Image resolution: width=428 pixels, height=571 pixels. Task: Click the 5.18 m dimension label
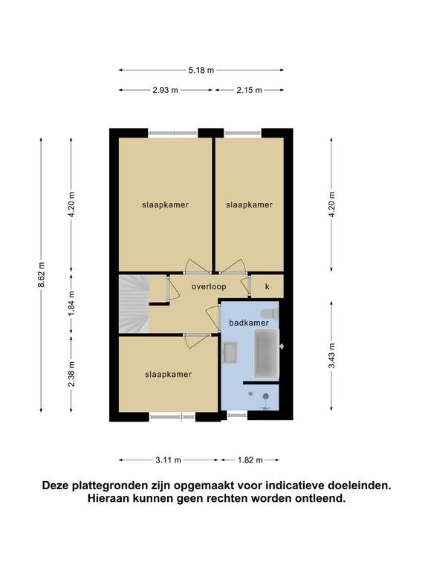[x=201, y=71]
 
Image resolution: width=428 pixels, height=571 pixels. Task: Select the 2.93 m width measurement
[x=165, y=90]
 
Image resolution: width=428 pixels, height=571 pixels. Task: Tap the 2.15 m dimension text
[x=250, y=90]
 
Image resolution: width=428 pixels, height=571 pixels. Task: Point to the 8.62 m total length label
[x=42, y=274]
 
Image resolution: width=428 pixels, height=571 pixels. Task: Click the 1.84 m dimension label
[x=71, y=303]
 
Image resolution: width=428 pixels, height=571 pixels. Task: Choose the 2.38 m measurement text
[x=71, y=374]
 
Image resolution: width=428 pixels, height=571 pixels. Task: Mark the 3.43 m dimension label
[x=331, y=356]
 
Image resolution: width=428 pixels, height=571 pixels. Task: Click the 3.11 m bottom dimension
[x=168, y=460]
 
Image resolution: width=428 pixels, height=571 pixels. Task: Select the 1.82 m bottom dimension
[x=250, y=460]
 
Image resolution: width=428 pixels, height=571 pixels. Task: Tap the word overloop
[x=209, y=287]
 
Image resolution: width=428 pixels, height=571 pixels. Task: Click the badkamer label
[x=249, y=323]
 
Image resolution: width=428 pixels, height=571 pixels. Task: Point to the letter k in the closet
[x=267, y=286]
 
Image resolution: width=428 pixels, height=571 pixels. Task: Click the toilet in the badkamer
[x=270, y=313]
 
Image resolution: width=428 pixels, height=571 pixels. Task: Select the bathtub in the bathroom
[x=267, y=353]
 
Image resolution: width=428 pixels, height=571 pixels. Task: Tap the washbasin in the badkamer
[x=230, y=352]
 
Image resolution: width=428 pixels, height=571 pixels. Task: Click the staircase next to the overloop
[x=134, y=303]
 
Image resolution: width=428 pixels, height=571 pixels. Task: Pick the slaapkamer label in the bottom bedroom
[x=168, y=375]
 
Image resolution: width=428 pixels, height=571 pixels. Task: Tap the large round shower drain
[x=266, y=396]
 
